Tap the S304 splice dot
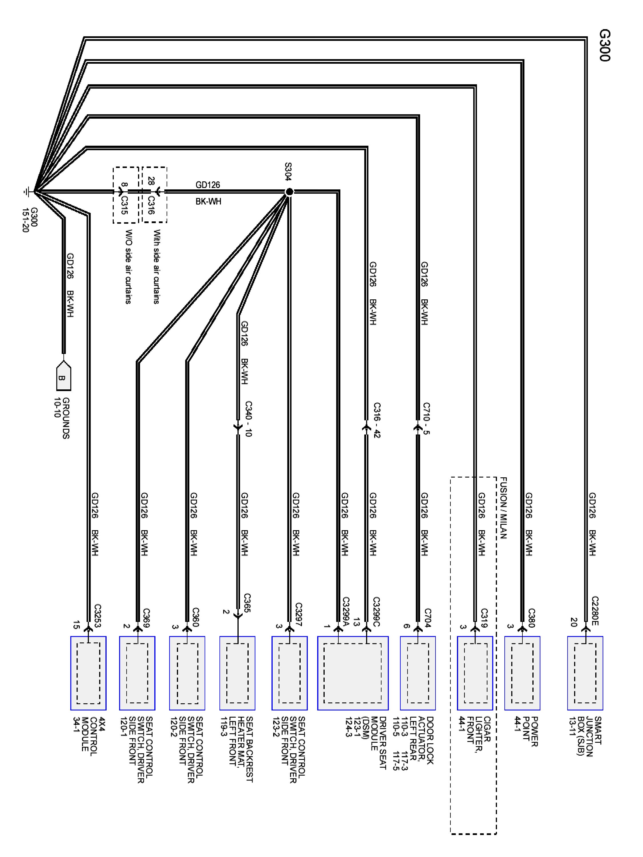click(x=289, y=191)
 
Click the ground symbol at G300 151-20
click(x=27, y=191)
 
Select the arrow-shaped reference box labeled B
click(x=63, y=376)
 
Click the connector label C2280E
click(x=595, y=611)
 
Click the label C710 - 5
click(x=426, y=419)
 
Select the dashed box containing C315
click(x=125, y=195)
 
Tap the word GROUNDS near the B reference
click(x=66, y=418)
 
